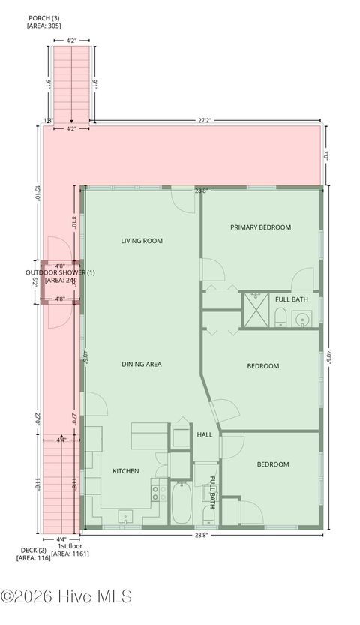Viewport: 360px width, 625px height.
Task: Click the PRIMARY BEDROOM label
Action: tap(260, 227)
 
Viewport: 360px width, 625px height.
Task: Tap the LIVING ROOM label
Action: tap(142, 241)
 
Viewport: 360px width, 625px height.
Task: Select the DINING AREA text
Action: tap(142, 364)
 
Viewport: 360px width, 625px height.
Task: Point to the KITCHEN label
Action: tap(125, 471)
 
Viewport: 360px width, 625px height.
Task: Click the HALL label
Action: tap(205, 435)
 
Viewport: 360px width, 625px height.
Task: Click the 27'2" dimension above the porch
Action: tap(206, 119)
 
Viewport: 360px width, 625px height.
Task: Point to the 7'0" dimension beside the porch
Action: tap(327, 155)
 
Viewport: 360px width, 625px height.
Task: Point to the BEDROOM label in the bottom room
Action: tap(273, 464)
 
